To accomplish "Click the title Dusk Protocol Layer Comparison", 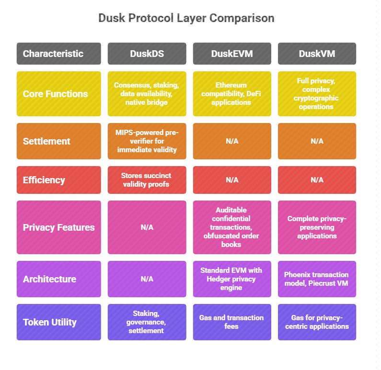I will pos(186,18).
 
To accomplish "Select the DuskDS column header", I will pos(147,54).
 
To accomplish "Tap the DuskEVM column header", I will pos(232,54).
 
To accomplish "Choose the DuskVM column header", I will pos(317,54).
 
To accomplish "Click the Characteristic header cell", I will pos(58,54).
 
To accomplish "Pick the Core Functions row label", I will pos(58,94).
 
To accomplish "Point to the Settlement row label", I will pos(58,141).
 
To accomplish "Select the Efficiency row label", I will pos(58,180).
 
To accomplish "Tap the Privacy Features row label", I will pos(58,227).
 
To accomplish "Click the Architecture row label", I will pos(58,279).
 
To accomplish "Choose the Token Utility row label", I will pos(58,322).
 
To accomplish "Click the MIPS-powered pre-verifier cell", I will pos(147,141).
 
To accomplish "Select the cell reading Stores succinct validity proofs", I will pos(147,180).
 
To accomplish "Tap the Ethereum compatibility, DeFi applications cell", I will pos(232,94).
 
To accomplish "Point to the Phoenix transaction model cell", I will pos(317,279).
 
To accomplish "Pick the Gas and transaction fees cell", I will pos(232,322).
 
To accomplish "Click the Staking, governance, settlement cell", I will pos(147,322).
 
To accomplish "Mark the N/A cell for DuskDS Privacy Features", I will pos(147,227).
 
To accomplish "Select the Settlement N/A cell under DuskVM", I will pos(317,141).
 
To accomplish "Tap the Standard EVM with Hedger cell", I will pos(232,279).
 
